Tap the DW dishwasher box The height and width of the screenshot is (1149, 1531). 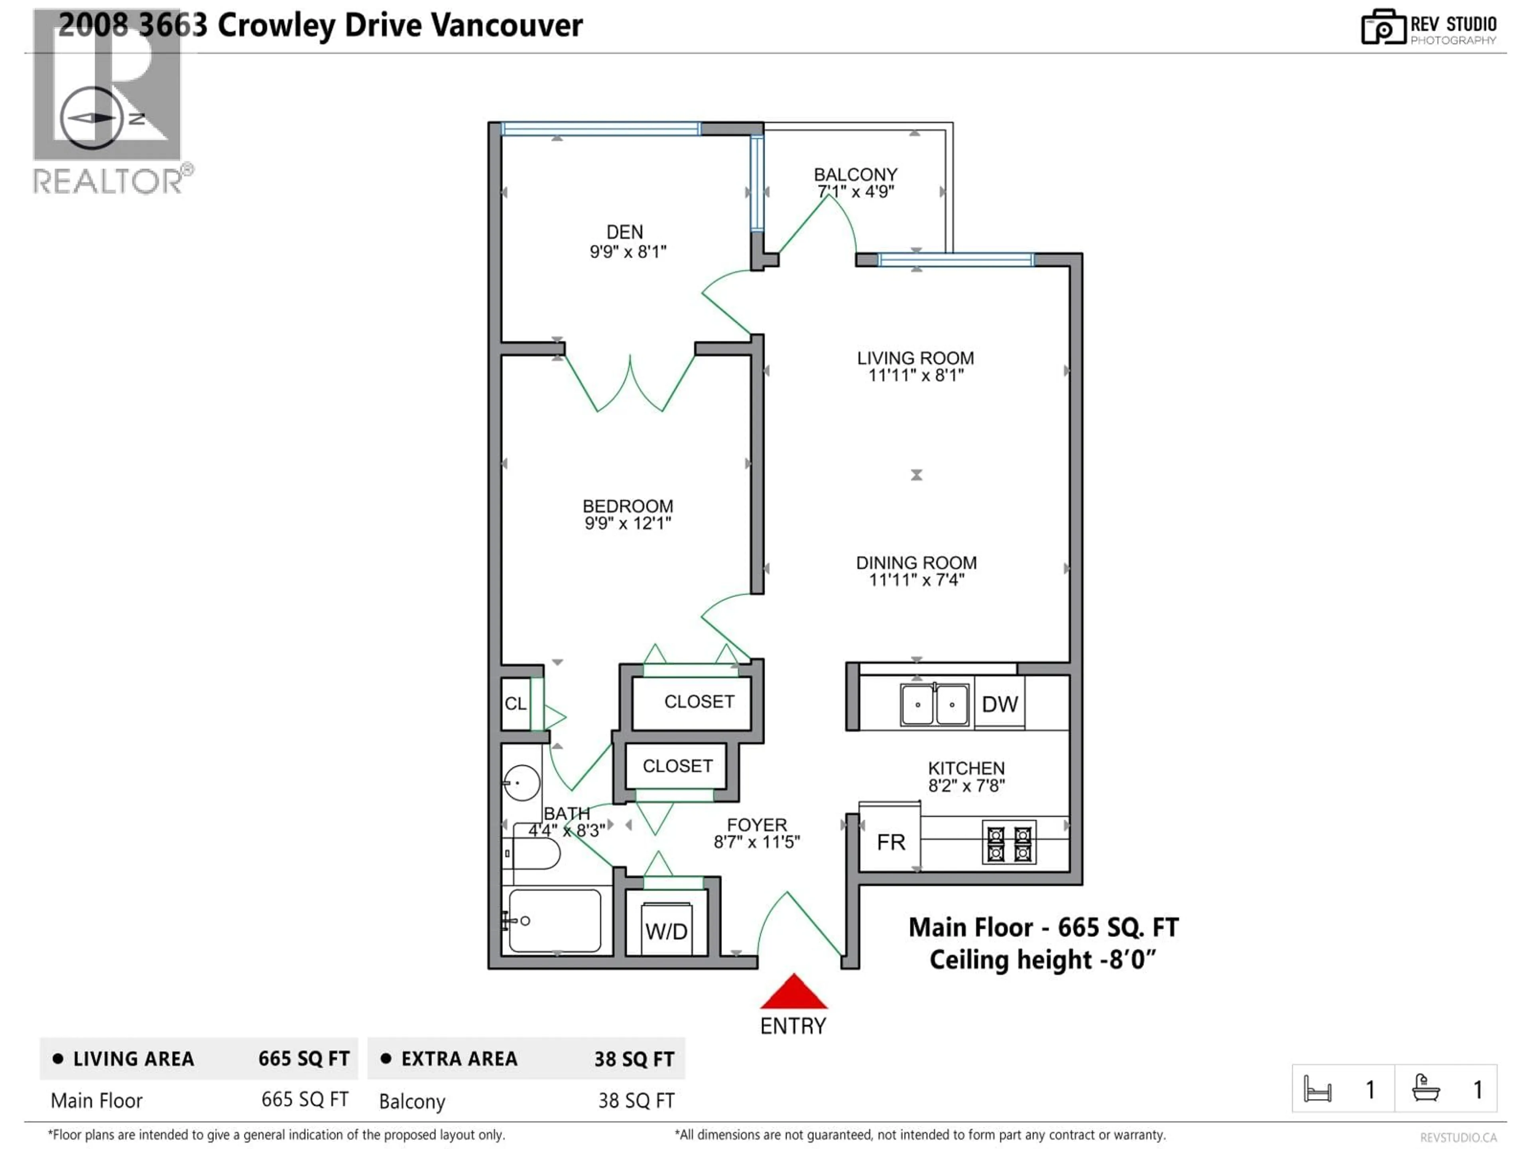tap(1000, 704)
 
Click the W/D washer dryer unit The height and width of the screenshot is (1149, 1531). tap(666, 930)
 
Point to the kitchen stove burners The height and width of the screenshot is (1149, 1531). tap(1009, 842)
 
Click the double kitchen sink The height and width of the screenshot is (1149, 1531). tap(935, 704)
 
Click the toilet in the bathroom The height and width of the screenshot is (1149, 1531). tap(533, 854)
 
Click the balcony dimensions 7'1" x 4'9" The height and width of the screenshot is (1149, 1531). tap(856, 192)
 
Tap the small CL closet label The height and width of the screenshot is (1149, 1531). tap(515, 704)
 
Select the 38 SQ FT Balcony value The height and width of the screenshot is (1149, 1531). tap(636, 1100)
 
